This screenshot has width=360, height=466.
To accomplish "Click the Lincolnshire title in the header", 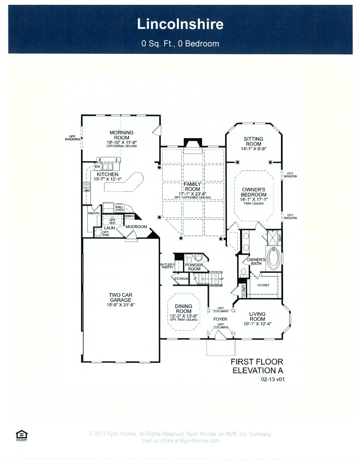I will coord(180,24).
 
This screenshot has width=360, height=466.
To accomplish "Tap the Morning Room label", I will coord(121,135).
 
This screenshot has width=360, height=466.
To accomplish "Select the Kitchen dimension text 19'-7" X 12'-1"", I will coord(107,179).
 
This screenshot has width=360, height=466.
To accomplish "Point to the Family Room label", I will coord(192,186).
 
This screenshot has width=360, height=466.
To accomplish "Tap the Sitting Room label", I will coord(253,141).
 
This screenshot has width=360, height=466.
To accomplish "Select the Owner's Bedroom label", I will coord(253,192).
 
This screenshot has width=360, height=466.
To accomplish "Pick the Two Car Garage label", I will coord(121,297).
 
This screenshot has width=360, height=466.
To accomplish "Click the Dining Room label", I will coord(183,308).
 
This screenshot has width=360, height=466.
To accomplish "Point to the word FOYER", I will coord(220,319).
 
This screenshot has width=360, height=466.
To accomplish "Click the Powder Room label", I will coord(194,267).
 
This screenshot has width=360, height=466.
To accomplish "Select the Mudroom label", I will coord(136,227).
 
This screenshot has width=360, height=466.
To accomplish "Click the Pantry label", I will coord(94,213).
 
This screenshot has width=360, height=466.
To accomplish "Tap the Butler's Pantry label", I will coord(167,266).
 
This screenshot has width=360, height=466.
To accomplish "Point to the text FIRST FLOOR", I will coord(257,362).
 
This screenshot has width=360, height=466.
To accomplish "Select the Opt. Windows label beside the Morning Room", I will coord(72,138).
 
